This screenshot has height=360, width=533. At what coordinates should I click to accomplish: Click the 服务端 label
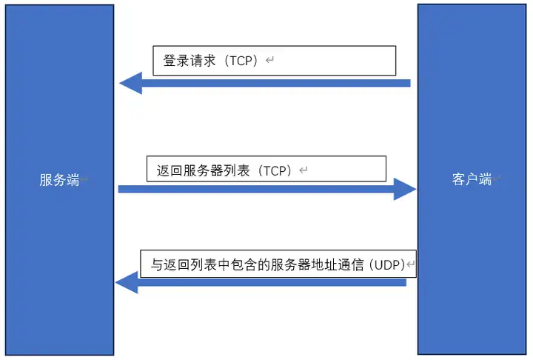click(x=59, y=179)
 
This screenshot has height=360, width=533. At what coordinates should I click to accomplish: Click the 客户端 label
click(x=472, y=179)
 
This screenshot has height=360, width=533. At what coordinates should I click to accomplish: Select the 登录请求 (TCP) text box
click(x=274, y=61)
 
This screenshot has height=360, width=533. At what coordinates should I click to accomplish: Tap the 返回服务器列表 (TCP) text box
click(x=266, y=169)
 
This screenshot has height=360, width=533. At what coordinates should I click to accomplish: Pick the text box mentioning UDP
click(x=278, y=264)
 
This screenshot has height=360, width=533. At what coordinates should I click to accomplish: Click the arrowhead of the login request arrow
click(x=130, y=83)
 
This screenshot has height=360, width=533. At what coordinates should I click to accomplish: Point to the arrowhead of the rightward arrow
click(x=405, y=189)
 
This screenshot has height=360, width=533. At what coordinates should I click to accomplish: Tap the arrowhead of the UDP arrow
click(x=127, y=282)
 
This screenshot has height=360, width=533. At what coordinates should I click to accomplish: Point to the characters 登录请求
click(x=189, y=61)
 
